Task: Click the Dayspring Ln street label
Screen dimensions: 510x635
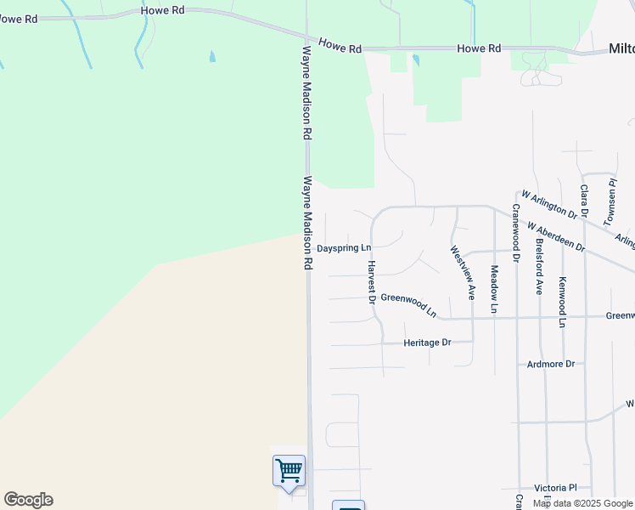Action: [344, 248]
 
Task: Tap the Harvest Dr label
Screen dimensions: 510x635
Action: [371, 280]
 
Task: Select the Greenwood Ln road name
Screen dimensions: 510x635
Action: [408, 305]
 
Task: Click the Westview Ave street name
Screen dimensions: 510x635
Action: [462, 273]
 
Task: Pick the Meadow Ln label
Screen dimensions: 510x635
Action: [493, 289]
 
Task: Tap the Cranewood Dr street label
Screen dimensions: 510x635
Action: [515, 232]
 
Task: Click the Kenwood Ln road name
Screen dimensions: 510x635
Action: [561, 302]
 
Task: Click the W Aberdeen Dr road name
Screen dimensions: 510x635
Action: [556, 237]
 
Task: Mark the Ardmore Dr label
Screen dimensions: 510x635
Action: [551, 364]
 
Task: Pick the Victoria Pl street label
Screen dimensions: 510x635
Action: [555, 488]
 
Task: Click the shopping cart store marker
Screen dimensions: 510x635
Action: [289, 470]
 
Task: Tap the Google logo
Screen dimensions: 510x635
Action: [28, 500]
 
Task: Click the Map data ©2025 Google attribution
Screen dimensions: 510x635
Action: [582, 504]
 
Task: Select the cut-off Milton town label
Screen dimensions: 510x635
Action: [621, 48]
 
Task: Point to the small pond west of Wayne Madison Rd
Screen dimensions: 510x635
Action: [211, 57]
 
